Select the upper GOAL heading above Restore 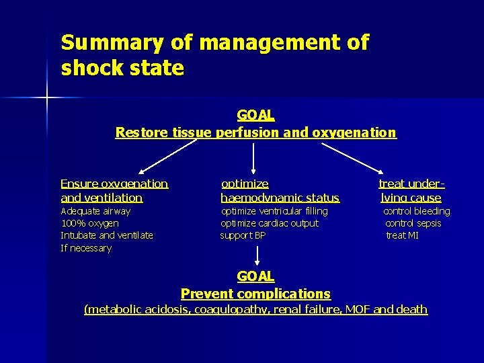click(255, 116)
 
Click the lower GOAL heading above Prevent click(255, 276)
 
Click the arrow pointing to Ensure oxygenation click(166, 155)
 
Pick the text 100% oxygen click(89, 223)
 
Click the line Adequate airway click(95, 211)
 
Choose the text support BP click(243, 235)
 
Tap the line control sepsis click(413, 223)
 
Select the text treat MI click(402, 235)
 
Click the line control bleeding click(416, 211)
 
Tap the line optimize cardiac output click(270, 223)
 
